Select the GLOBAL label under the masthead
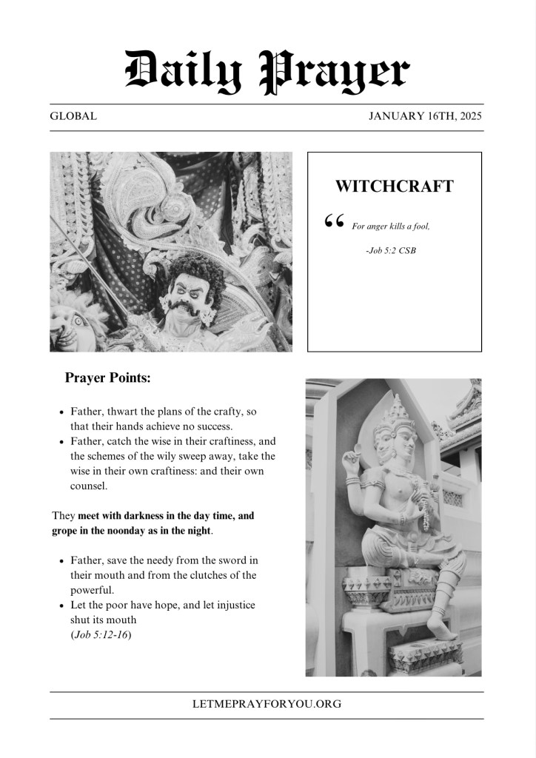pyautogui.click(x=73, y=116)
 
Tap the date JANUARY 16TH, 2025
pyautogui.click(x=426, y=116)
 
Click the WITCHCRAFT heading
pyautogui.click(x=394, y=187)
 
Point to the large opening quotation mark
pyautogui.click(x=334, y=221)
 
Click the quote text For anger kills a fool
pyautogui.click(x=390, y=226)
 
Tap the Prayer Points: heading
pyautogui.click(x=108, y=378)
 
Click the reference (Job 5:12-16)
pyautogui.click(x=101, y=634)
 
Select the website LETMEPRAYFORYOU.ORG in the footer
pyautogui.click(x=267, y=704)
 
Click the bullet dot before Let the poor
pyautogui.click(x=61, y=606)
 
